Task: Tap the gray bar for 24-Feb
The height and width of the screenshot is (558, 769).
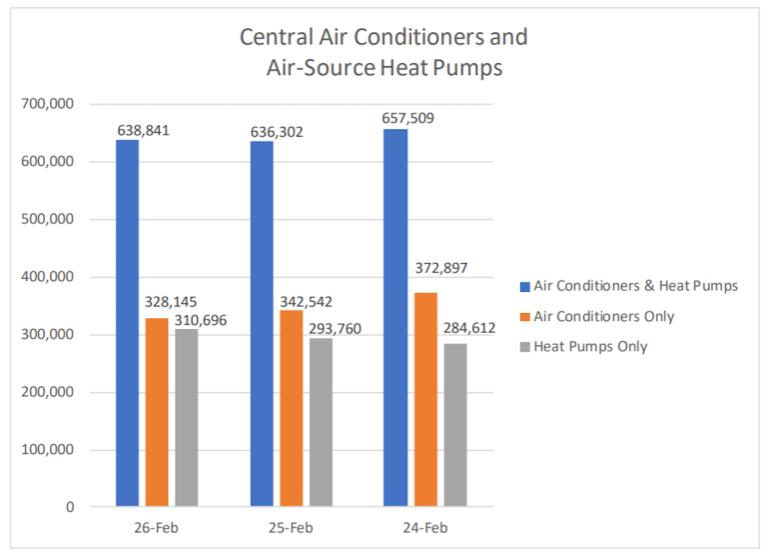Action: coord(454,425)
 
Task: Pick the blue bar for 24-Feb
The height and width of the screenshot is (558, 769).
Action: coord(394,317)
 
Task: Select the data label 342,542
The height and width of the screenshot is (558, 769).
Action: coord(305,301)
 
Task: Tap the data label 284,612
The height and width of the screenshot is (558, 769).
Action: coord(467,328)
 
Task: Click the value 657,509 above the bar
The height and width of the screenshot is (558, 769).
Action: coord(407,118)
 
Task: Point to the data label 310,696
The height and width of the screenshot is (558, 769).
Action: coord(200,301)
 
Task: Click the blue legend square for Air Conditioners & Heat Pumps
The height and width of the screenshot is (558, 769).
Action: coord(523,286)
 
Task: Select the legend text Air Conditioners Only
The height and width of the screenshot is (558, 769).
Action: coord(604,316)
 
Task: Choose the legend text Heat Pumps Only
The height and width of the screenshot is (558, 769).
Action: coord(590,346)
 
